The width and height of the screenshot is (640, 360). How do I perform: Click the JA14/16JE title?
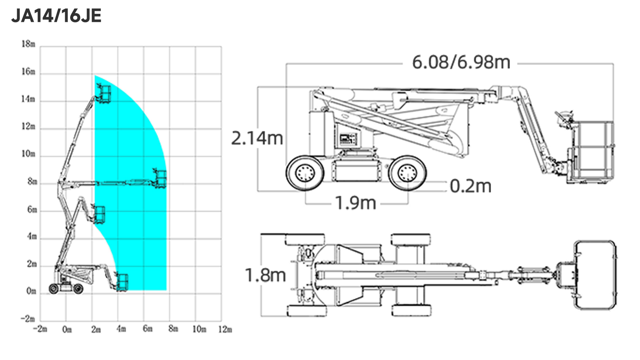pos(56,16)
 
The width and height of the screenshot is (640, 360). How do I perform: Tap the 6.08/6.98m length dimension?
pos(461,62)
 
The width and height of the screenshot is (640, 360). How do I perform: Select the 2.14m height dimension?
pos(257,139)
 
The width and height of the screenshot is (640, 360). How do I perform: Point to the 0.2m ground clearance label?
pos(471,186)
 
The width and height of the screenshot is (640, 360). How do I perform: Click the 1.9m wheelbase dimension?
pos(355,203)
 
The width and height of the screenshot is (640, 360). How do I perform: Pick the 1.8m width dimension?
pos(265,275)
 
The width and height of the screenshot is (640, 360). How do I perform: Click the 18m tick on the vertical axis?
pos(28,44)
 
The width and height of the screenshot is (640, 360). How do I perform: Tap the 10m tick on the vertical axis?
pos(28,154)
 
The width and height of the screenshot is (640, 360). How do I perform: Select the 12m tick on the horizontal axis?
pos(225,329)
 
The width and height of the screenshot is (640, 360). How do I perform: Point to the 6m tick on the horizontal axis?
pos(148,329)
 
